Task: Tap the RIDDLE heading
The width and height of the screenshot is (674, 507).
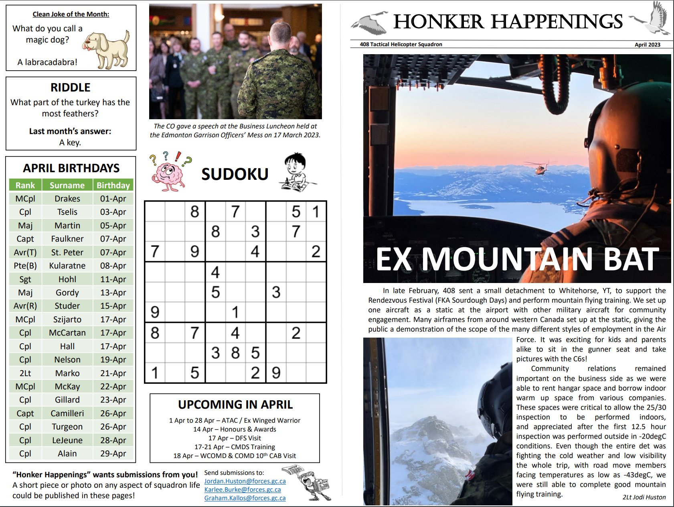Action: tap(71, 88)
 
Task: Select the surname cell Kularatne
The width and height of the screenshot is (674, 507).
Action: tap(67, 266)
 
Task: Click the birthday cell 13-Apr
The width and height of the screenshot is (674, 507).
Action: tap(113, 293)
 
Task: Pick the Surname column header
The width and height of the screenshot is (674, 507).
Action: tap(67, 185)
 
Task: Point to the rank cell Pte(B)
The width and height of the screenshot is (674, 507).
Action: tap(25, 266)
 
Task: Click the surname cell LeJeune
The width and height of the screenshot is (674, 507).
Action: tap(67, 440)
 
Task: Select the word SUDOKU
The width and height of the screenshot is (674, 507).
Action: tap(235, 174)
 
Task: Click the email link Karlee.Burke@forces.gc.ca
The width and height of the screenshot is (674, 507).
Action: tap(243, 490)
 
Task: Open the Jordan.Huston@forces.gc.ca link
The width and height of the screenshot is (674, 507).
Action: tap(245, 481)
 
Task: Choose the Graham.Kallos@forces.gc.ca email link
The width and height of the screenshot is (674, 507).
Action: tap(245, 498)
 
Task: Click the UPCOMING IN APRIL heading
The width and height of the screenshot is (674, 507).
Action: tap(235, 405)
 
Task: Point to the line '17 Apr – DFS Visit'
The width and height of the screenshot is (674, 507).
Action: tap(235, 438)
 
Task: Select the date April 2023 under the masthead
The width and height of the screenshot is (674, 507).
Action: tap(647, 45)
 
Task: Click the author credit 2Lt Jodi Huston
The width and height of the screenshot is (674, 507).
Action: tap(644, 497)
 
